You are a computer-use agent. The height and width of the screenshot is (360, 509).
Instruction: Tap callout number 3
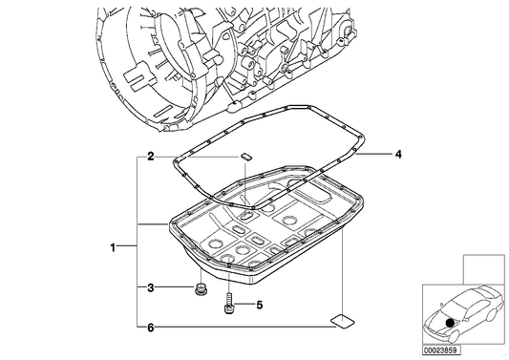coord(151,287)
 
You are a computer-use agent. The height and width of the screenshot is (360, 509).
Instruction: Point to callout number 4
coord(400,154)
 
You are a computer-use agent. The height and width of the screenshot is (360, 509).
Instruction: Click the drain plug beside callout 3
coord(201,288)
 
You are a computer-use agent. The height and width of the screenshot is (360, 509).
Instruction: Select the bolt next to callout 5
coord(229,306)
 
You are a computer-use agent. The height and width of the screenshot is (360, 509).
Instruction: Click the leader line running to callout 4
coord(380,154)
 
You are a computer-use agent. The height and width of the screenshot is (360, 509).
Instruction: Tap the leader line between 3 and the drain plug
coord(174,287)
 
